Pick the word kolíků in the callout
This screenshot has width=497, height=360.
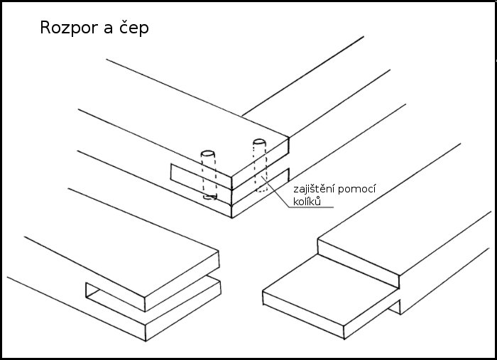[x=307, y=203]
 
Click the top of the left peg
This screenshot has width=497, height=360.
[x=208, y=153]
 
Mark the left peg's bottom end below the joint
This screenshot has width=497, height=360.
[x=209, y=197]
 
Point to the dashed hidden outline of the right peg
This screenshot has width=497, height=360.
[x=261, y=170]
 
